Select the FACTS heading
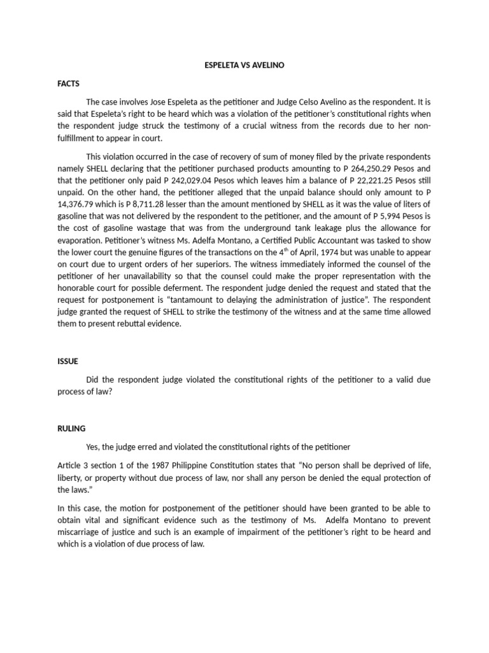69,83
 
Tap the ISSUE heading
67,361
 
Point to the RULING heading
71,429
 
